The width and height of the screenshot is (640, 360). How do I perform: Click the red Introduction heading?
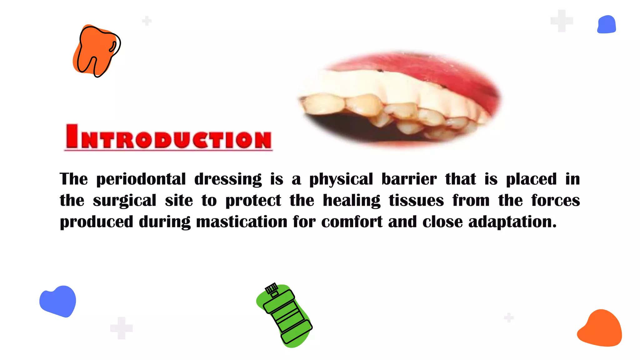[168, 137]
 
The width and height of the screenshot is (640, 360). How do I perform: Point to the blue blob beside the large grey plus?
[606, 24]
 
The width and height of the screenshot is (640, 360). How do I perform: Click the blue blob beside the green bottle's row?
[58, 301]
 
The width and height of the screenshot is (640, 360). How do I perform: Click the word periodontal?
[141, 179]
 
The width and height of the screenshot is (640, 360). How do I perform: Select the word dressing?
[228, 179]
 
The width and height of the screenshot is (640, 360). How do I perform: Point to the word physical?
[341, 179]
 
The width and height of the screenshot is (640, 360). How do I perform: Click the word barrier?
[409, 179]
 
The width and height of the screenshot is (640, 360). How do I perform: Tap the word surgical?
[124, 201]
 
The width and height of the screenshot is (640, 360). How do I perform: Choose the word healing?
[352, 201]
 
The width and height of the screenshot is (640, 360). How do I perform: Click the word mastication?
[242, 222]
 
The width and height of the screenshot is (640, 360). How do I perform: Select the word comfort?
[352, 222]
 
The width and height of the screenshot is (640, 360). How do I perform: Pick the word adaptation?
[512, 222]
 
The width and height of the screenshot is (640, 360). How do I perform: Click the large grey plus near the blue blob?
[562, 21]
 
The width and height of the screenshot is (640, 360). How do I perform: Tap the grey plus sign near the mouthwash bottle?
[122, 328]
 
